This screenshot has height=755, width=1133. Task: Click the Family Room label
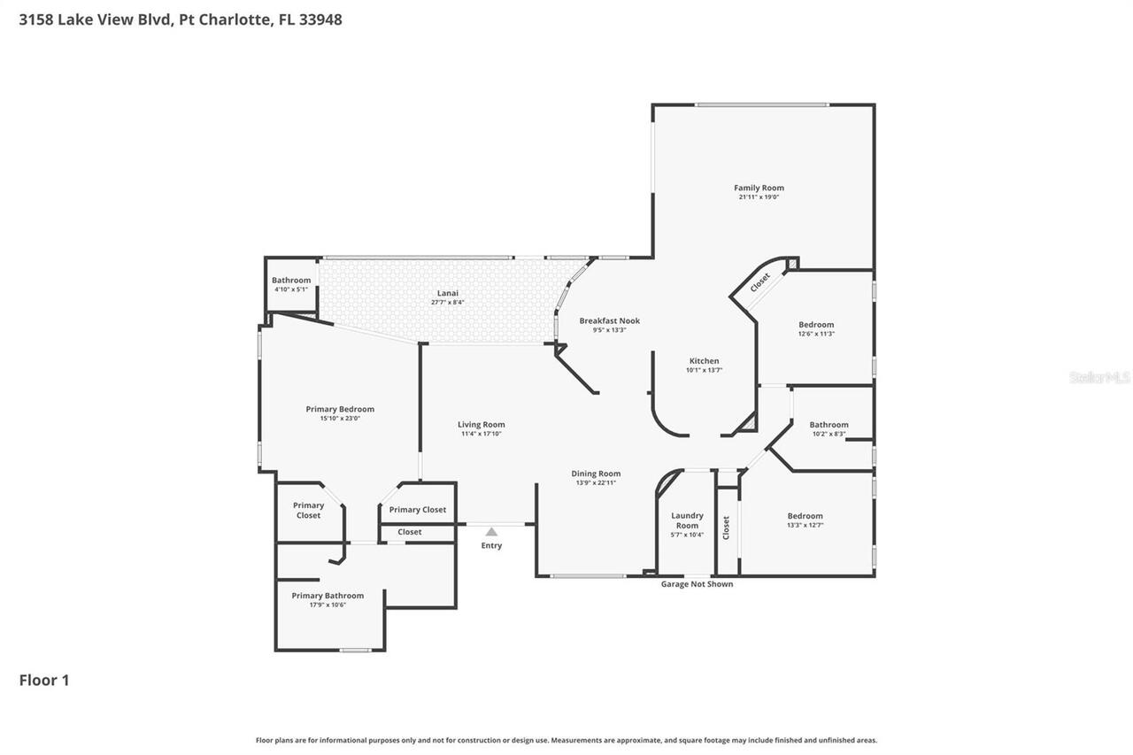759,188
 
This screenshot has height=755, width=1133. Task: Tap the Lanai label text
447,293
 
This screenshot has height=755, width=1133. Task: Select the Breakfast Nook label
609,320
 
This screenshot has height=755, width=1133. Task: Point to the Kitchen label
704,361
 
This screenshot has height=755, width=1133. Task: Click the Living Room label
481,425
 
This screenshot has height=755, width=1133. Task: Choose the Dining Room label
596,474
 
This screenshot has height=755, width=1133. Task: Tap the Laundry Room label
687,520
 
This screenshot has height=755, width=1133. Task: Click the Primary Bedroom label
340,409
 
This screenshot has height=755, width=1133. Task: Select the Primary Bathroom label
328,596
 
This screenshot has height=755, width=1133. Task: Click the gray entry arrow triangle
491,531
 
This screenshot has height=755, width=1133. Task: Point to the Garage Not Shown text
697,584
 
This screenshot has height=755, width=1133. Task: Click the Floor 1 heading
44,680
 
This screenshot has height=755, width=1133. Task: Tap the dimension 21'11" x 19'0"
759,197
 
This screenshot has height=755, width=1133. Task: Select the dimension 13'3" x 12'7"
805,526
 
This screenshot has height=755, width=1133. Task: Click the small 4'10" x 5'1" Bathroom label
291,281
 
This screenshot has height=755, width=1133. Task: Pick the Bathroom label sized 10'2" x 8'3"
829,425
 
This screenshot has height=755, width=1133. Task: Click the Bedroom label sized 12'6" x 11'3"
815,325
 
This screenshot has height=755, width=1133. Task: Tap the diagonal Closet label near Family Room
759,282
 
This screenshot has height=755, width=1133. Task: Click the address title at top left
181,19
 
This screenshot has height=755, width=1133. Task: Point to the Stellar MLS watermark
1099,377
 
